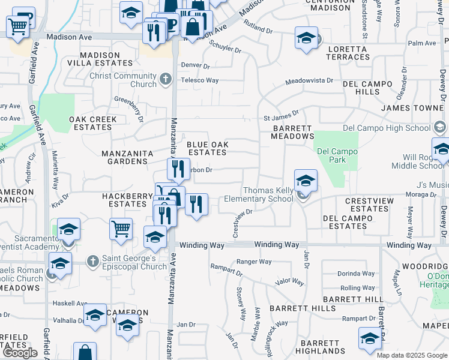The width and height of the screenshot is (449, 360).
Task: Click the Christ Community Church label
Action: (x=123, y=80)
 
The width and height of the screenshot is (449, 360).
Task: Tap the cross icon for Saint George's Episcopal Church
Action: (x=92, y=262)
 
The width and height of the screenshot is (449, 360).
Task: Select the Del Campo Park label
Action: (x=337, y=156)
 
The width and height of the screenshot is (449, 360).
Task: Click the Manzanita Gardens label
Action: (x=127, y=157)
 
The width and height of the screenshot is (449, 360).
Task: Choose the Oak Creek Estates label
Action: (x=93, y=123)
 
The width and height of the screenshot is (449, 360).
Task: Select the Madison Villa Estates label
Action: (x=100, y=59)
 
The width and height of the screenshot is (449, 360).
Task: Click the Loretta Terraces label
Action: (x=348, y=53)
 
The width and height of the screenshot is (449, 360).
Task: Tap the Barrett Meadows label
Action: (x=293, y=132)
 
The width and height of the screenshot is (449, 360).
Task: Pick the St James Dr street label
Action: (x=281, y=119)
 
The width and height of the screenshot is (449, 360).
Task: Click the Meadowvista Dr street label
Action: (x=309, y=80)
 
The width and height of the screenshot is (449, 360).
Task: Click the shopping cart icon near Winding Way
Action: (x=121, y=228)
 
